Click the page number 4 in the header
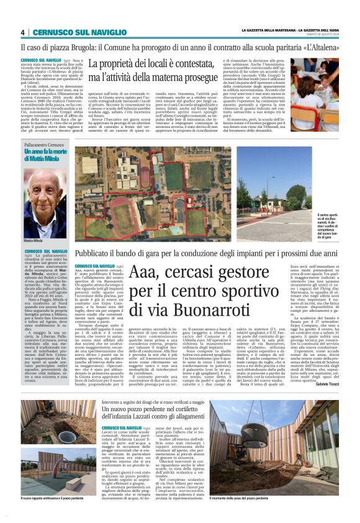pos(22,33)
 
